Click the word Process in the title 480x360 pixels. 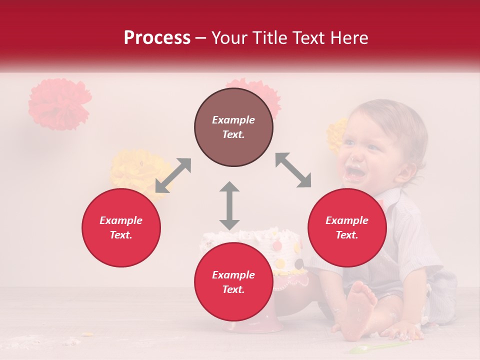tap(157, 38)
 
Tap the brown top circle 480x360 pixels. tap(233, 127)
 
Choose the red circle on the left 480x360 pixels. tap(121, 227)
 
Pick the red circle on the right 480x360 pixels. tap(347, 227)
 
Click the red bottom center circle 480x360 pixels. tap(233, 282)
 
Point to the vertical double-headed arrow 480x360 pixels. tap(229, 205)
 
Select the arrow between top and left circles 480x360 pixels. tap(173, 175)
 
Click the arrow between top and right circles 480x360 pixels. tap(293, 170)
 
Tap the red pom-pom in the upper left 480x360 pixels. tap(59, 104)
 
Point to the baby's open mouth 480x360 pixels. tap(356, 172)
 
